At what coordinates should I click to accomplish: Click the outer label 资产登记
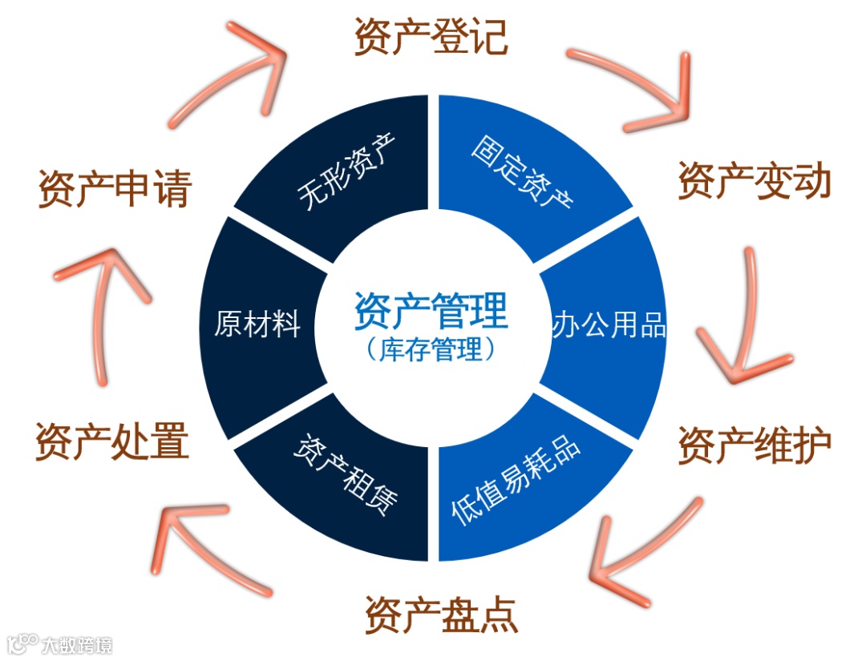tap(431, 36)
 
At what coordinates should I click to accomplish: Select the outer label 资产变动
tap(754, 181)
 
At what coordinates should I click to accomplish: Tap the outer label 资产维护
tap(754, 445)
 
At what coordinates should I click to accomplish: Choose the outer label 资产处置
tap(111, 441)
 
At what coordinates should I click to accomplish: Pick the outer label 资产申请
tap(115, 189)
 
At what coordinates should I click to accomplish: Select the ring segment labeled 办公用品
tap(609, 327)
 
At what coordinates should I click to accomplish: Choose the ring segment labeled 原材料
tap(257, 327)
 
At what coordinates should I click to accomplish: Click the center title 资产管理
tap(431, 311)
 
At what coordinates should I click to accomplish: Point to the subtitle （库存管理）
tap(431, 350)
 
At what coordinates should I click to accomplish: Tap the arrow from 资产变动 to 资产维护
tap(742, 320)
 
